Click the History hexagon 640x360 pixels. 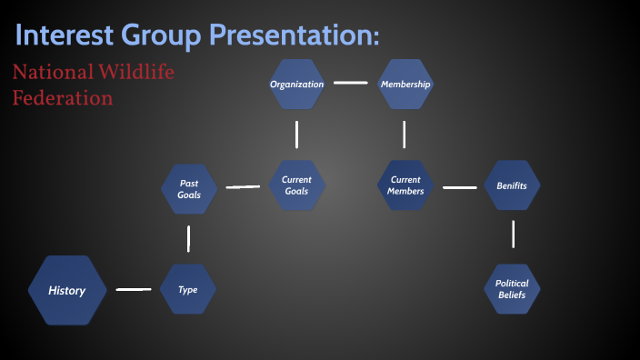67,290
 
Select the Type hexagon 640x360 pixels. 188,290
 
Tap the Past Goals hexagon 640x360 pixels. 189,189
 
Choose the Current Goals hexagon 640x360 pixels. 296,185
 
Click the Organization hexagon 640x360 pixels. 296,85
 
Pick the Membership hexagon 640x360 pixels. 405,85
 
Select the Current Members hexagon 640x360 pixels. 405,185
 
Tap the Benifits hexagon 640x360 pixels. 512,185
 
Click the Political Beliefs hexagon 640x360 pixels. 512,289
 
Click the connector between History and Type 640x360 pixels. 134,290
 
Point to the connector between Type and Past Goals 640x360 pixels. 188,238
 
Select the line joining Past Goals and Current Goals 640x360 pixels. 243,187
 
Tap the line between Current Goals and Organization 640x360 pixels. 296,135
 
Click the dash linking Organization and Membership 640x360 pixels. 350,83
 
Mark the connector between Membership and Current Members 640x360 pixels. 405,135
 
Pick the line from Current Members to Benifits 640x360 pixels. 459,187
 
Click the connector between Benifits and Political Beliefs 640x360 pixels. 513,234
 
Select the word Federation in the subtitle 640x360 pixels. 63,97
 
